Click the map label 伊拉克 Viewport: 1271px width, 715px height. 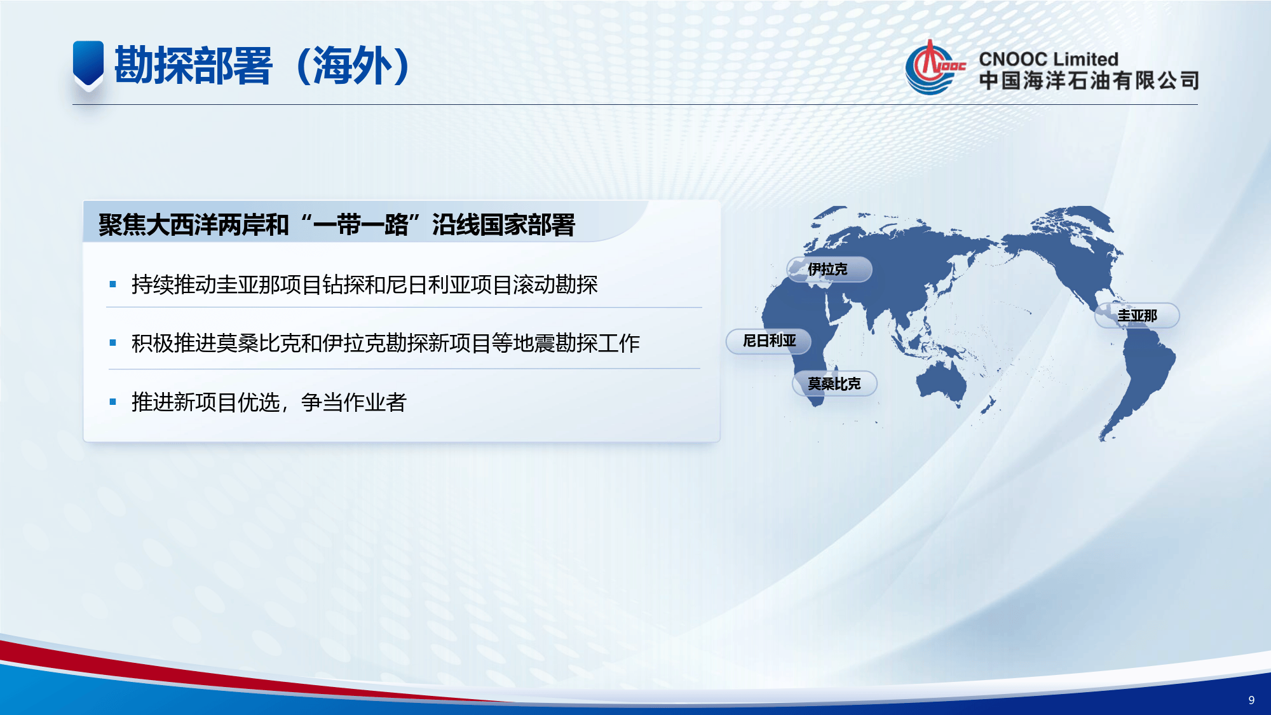(x=827, y=269)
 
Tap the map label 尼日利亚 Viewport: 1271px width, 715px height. (x=769, y=341)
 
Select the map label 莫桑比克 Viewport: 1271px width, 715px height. (x=834, y=384)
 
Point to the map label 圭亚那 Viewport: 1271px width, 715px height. (x=1137, y=316)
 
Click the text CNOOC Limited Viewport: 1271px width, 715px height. (x=1048, y=59)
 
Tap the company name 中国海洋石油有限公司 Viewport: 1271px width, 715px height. (x=1089, y=81)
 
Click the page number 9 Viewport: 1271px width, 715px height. (x=1251, y=700)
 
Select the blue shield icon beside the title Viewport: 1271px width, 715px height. (x=88, y=64)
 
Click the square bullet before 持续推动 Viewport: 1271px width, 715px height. (x=113, y=285)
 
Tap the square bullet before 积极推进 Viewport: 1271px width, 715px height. (x=113, y=343)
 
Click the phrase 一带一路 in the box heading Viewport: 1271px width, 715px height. (x=361, y=225)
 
